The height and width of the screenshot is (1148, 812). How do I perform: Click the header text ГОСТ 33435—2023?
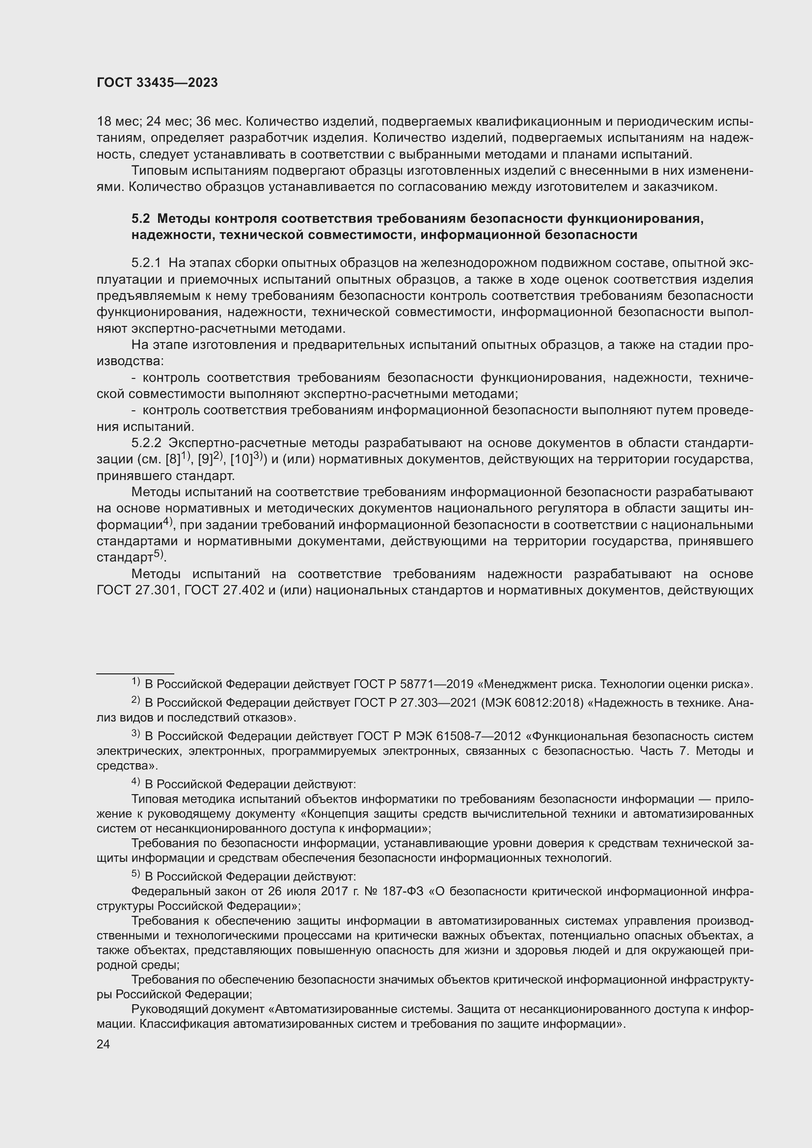pyautogui.click(x=157, y=83)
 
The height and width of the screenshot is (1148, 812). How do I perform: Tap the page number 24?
pyautogui.click(x=103, y=1044)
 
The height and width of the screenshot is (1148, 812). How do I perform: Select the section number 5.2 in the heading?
pyautogui.click(x=140, y=218)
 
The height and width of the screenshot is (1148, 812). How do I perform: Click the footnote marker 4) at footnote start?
pyautogui.click(x=135, y=783)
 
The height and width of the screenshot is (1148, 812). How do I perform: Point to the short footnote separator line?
pyautogui.click(x=135, y=673)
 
